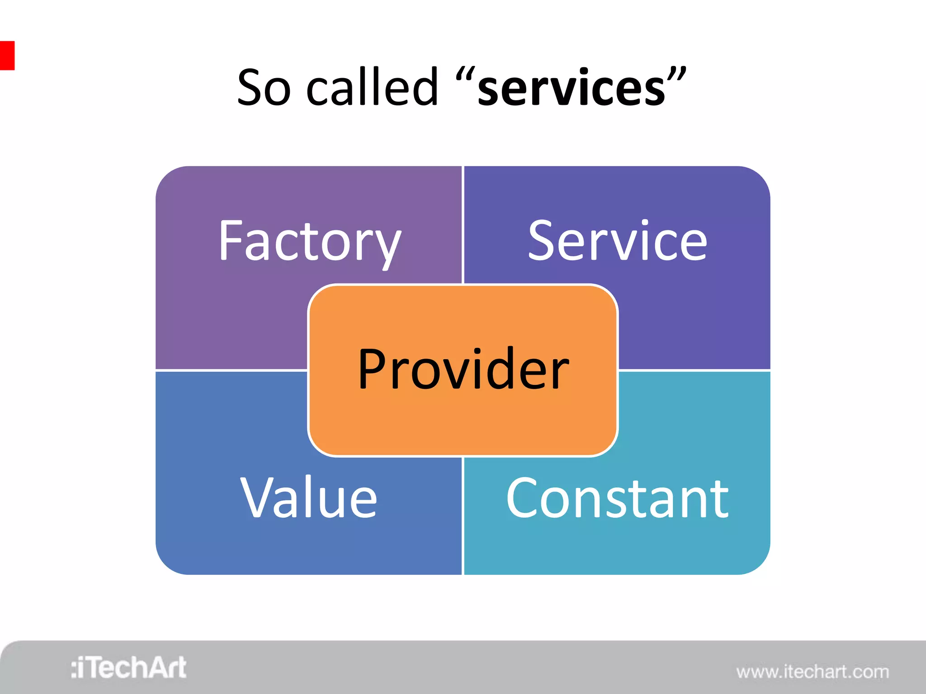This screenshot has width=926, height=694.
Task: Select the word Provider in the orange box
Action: point(463,369)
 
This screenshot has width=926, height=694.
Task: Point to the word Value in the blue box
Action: point(308,498)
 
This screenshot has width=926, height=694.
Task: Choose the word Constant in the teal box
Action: point(617,498)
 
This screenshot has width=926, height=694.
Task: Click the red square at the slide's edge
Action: point(7,56)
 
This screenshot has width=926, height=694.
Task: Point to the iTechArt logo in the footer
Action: point(128,668)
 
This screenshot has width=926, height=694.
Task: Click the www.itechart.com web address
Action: point(812,672)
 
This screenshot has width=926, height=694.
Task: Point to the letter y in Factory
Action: point(386,248)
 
